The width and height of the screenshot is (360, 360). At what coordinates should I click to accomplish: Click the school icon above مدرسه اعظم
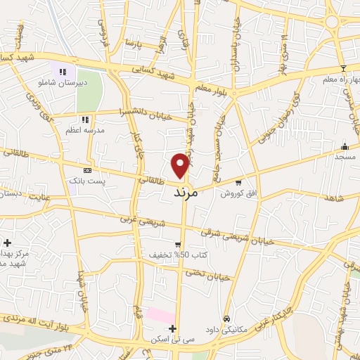click(x=86, y=119)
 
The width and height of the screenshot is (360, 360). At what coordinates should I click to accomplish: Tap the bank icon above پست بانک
click(x=87, y=170)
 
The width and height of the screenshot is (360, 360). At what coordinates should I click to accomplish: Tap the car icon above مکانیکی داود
click(x=226, y=318)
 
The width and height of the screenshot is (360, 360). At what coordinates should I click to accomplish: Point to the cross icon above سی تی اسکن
click(x=172, y=328)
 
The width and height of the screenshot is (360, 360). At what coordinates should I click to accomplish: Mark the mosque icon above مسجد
click(x=345, y=146)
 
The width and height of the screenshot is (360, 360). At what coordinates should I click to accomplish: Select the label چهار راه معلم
click(x=340, y=79)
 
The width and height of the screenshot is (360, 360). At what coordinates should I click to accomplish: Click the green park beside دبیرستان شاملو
click(x=89, y=91)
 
